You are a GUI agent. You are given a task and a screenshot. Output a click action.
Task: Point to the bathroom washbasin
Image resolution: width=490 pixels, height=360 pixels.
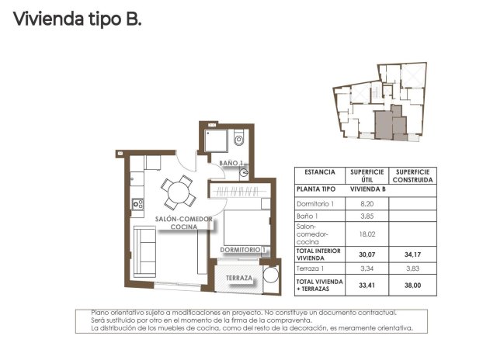[x=244, y=173]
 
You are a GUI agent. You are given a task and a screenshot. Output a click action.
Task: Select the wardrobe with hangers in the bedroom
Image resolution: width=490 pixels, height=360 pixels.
[x=242, y=192]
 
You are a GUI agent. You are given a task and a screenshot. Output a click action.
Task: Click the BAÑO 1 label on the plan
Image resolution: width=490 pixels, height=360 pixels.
[x=231, y=163]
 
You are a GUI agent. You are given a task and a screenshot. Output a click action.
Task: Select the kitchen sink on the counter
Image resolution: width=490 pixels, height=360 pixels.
[x=137, y=204]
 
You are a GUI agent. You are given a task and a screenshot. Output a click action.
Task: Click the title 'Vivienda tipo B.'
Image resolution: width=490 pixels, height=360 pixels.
[x=78, y=19]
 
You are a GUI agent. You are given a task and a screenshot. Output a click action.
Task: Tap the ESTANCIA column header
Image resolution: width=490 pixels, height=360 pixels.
[x=319, y=172]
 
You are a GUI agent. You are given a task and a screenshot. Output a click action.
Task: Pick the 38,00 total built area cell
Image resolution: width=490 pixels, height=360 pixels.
[x=412, y=284]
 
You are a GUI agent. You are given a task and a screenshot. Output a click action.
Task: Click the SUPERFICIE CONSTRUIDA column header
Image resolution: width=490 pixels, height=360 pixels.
[x=412, y=175]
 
